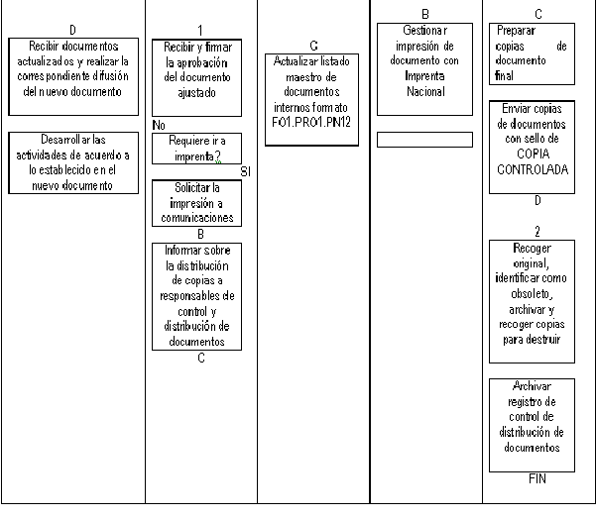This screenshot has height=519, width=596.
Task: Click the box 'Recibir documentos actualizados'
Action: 73,76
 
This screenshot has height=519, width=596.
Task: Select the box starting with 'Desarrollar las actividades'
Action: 73,162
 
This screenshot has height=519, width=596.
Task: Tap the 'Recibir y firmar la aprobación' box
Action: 197,77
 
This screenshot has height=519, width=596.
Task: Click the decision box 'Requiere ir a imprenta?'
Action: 197,149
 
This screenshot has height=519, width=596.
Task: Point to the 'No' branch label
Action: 159,125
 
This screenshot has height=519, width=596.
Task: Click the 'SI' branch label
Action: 246,172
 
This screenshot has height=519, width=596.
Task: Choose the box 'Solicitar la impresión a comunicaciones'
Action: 197,203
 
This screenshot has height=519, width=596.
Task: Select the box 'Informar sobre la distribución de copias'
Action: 197,296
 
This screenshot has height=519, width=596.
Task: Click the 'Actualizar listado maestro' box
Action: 311,100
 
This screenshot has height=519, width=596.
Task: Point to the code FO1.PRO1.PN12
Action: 311,122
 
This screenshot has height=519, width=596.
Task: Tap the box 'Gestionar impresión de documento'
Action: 425,69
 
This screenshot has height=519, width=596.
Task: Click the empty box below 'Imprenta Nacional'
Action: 425,140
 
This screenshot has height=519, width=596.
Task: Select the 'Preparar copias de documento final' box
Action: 532,53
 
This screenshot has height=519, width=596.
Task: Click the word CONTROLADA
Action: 533,169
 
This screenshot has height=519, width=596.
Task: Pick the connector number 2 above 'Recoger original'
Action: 537,231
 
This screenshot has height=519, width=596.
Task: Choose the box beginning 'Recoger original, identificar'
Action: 532,301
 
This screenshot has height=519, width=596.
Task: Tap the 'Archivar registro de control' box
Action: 532,425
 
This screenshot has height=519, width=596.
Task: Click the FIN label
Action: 537,478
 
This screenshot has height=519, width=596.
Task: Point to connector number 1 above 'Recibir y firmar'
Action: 200,31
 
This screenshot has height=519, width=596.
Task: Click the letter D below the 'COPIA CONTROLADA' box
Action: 537,200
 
